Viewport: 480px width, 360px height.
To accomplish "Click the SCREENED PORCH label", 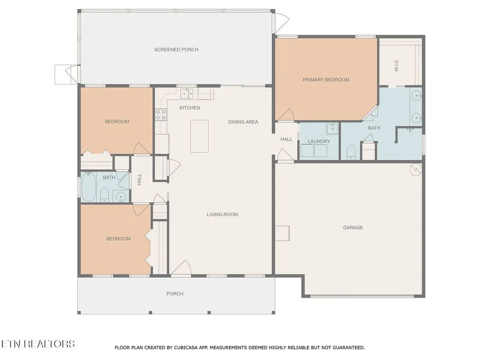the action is click(176, 49).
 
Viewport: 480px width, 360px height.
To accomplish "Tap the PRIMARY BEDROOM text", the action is click(326, 80).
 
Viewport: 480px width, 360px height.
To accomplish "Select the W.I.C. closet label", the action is click(396, 65).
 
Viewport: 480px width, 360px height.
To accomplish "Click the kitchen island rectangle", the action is click(199, 136).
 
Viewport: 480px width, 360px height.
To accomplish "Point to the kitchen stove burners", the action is click(161, 115).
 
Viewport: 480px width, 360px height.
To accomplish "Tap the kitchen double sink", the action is click(186, 93).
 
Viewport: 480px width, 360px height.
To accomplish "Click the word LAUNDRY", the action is click(319, 142).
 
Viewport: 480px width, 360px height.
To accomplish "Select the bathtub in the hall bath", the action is click(88, 187).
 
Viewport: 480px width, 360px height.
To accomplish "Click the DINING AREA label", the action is click(243, 122).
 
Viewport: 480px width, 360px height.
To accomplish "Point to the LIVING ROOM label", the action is click(222, 215).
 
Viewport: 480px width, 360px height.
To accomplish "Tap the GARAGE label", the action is click(353, 228).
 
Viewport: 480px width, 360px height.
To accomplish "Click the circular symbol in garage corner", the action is click(416, 169).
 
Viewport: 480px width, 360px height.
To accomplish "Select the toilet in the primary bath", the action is click(351, 153).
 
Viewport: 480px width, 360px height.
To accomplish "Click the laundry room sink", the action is click(332, 129).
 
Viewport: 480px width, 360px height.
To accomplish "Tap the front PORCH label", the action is click(175, 294).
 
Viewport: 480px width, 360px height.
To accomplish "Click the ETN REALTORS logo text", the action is click(37, 344).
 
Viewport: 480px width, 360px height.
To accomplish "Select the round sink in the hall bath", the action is click(121, 196).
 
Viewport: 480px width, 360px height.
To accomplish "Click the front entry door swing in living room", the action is click(181, 267).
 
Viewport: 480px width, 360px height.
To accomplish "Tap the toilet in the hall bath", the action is click(104, 195).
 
